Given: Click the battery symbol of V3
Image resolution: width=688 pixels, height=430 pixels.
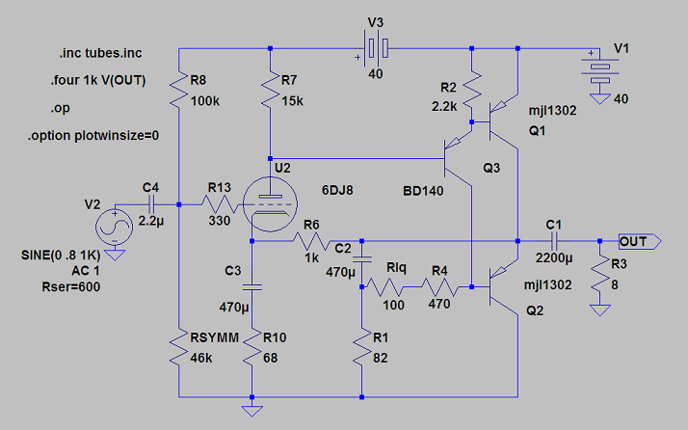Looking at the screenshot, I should [x=372, y=46].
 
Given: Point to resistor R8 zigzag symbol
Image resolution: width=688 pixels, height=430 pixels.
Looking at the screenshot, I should [x=179, y=92].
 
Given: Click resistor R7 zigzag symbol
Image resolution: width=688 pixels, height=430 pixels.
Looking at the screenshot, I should [x=272, y=92].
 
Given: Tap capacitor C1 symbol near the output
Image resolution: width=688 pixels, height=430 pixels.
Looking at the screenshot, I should [x=554, y=240].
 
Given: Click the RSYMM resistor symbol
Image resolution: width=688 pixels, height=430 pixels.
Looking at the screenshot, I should [x=179, y=347].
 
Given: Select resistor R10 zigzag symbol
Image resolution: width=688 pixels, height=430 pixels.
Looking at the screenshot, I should [x=251, y=347].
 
